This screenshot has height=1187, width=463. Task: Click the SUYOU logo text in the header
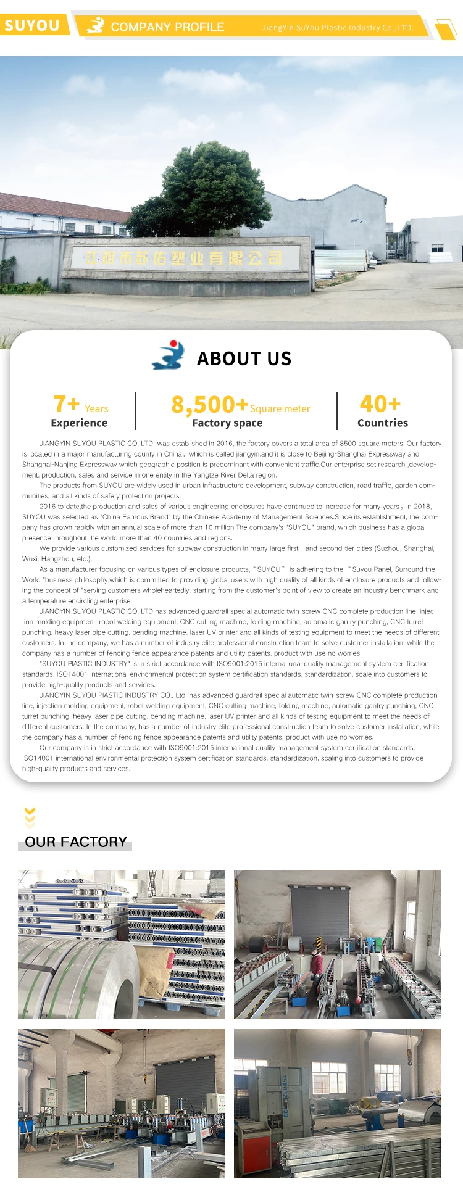click(x=32, y=25)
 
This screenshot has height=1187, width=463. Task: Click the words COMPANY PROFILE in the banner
click(x=167, y=27)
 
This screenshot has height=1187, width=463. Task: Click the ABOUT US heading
click(x=244, y=358)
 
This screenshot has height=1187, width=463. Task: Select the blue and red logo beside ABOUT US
click(x=168, y=355)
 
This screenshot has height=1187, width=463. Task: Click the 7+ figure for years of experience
click(x=67, y=404)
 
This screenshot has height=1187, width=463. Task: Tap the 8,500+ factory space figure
click(x=209, y=405)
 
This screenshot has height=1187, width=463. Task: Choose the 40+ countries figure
click(x=380, y=404)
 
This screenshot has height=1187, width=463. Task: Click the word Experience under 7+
click(x=79, y=423)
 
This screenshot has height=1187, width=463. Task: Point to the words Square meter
click(x=280, y=408)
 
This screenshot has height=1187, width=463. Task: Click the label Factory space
click(x=227, y=423)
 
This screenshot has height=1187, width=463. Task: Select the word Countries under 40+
click(x=383, y=423)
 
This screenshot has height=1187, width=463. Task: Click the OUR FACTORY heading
click(x=76, y=842)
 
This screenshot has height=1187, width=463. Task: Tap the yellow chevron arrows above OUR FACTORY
click(x=30, y=817)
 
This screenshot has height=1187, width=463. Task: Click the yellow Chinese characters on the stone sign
click(x=183, y=258)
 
